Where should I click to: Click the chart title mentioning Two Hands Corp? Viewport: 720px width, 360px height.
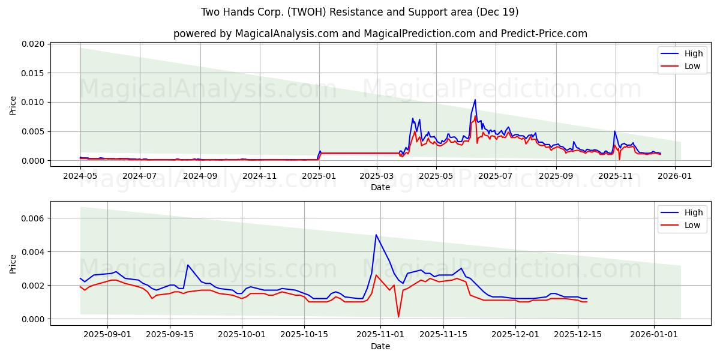360,12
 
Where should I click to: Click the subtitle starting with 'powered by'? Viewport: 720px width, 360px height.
380,34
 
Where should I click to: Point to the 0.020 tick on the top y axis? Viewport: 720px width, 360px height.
34,44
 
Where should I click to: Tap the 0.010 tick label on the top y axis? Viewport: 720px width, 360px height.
34,103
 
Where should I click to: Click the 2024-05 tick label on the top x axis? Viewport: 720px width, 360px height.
80,176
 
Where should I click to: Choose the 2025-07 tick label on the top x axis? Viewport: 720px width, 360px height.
496,176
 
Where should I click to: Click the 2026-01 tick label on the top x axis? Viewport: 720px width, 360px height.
675,176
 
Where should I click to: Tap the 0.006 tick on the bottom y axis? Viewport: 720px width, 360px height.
34,218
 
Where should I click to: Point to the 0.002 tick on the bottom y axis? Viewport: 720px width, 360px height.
34,286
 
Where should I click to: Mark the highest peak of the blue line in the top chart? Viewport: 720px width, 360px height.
475,100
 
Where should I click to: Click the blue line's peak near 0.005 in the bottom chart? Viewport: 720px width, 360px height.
376,235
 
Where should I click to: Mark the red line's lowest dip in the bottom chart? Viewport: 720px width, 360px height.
398,317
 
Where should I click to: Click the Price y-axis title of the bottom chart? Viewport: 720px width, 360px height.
13,263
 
